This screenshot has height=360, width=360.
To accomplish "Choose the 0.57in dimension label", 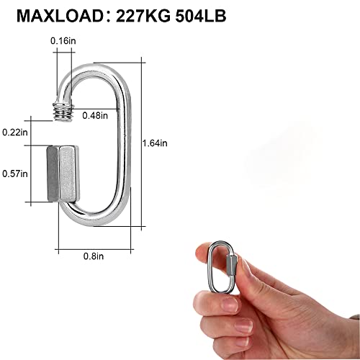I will tap(15, 174).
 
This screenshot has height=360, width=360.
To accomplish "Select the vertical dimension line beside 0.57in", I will tap(33, 173).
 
